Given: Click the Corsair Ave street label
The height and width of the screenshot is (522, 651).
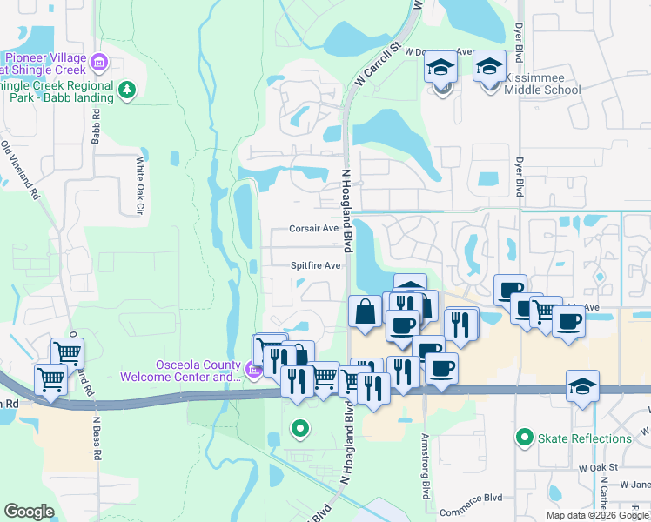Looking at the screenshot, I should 313,229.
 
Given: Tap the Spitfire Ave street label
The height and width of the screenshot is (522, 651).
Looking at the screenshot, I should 315,265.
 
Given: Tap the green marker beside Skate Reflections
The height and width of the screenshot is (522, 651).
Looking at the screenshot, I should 524,438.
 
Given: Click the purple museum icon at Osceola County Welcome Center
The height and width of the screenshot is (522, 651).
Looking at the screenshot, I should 253,371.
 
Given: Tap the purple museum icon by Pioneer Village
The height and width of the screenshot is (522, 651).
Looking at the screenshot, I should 98,62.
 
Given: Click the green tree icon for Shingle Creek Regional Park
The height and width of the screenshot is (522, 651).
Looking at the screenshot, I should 127,90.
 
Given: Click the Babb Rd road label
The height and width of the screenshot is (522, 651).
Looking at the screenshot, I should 95,126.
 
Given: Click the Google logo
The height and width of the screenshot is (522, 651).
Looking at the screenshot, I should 29,512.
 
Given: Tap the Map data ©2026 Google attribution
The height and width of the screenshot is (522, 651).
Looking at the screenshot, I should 596,515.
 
